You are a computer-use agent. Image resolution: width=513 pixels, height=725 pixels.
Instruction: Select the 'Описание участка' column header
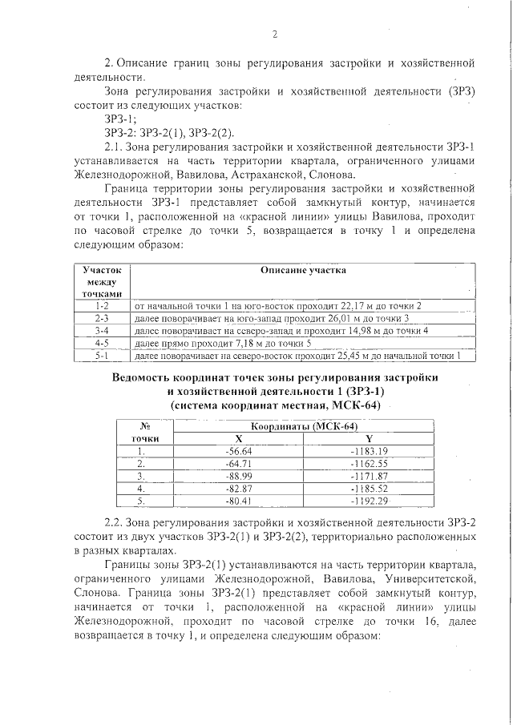click(x=303, y=270)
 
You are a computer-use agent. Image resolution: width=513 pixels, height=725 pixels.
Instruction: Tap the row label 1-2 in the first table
click(x=101, y=306)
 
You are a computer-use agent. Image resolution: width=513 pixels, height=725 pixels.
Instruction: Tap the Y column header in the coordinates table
click(x=369, y=438)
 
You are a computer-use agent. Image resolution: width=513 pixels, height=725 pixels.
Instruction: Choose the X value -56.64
click(x=239, y=450)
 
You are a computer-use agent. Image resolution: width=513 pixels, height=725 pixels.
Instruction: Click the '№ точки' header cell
click(x=146, y=433)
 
